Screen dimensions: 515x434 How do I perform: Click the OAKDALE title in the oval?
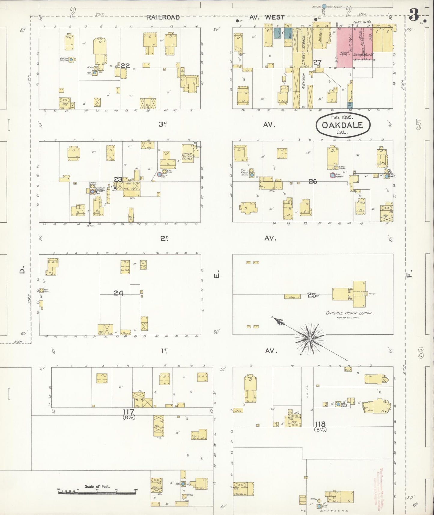342,125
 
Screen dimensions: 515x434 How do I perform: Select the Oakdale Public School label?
349,313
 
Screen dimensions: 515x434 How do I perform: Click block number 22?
125,65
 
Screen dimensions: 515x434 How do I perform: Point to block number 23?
118,179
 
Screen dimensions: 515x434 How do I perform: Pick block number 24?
118,293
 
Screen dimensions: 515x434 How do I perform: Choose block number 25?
311,295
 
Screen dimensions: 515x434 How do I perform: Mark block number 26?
313,181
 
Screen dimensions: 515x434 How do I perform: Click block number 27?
317,62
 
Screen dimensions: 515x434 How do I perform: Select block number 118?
320,424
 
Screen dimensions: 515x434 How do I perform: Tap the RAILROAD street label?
163,17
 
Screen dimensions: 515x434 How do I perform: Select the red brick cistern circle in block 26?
332,175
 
